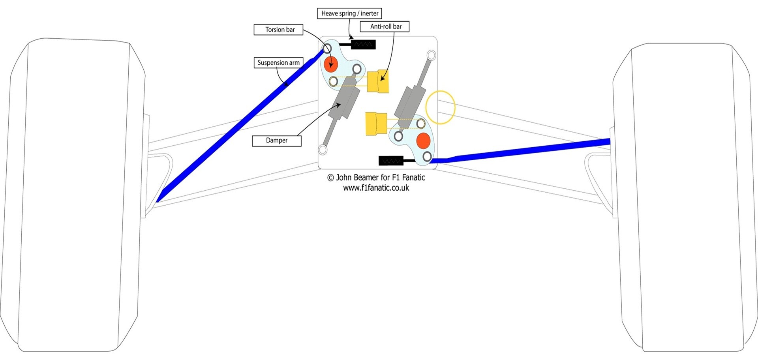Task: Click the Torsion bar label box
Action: point(278,30)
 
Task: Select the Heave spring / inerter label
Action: point(350,13)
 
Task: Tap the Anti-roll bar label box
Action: point(385,26)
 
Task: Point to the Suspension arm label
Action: point(279,62)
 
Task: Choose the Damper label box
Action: point(277,141)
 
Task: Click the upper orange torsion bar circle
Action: point(331,64)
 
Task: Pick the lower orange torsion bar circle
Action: point(423,141)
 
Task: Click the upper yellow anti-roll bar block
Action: point(378,81)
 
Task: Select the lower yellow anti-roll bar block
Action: point(376,124)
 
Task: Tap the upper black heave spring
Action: point(363,44)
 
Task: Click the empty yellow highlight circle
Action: point(440,107)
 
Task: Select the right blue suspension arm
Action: point(520,151)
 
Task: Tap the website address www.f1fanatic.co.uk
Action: point(376,188)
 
